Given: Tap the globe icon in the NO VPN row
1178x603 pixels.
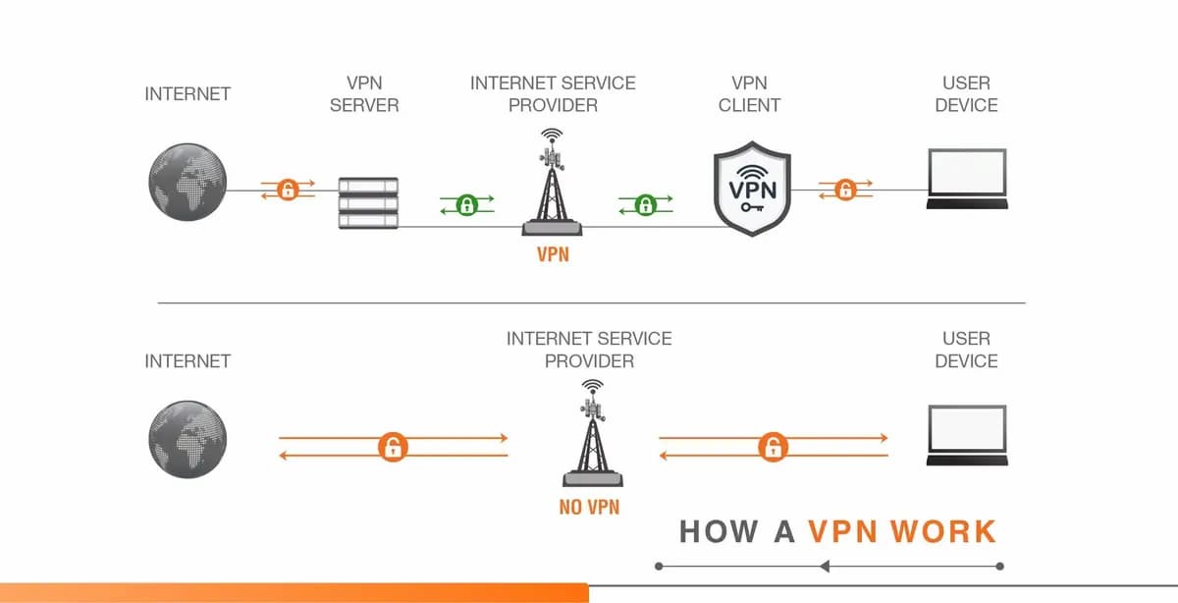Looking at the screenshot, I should [187, 438].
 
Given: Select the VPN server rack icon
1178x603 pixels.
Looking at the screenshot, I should [368, 203].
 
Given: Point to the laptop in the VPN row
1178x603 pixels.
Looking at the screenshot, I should [967, 181].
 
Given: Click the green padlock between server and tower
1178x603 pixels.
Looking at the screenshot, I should [466, 204].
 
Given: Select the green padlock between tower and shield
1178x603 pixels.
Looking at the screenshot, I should [645, 204].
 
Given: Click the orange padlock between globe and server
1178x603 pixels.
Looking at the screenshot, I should [288, 190].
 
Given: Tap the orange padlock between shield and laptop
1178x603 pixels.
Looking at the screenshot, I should [844, 190].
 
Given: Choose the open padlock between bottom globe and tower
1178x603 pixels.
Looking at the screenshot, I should [393, 448].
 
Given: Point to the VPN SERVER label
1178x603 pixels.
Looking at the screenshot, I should [364, 94].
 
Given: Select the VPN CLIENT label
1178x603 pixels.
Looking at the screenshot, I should [749, 94].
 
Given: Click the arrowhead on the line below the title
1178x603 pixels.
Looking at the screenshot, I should [825, 566].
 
